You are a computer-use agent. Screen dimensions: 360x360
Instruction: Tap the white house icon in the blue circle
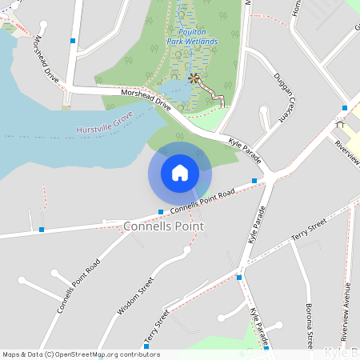(180, 173)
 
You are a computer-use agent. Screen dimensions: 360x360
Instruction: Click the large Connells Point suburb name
(163, 226)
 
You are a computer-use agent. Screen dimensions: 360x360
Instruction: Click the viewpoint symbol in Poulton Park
(193, 78)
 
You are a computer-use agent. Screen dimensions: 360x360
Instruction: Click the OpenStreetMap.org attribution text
(104, 354)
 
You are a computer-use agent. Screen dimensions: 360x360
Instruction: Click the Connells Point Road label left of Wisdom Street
(78, 286)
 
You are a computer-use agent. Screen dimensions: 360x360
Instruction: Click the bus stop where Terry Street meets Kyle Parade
(239, 277)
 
